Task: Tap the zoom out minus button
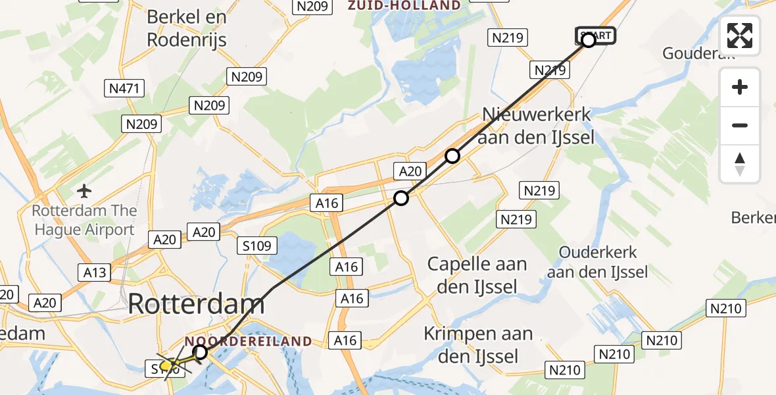pos(740,125)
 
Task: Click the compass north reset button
pos(740,164)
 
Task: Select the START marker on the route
pos(596,36)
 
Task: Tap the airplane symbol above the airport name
pos(84,192)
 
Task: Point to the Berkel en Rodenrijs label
pos(187,28)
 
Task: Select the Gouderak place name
pos(698,53)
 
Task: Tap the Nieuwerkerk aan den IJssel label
pos(537,126)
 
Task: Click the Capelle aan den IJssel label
pos(477,275)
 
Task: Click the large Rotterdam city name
pos(196,303)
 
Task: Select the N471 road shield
pos(124,88)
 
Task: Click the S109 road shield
pos(258,246)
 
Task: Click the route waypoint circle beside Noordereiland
pos(201,352)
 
